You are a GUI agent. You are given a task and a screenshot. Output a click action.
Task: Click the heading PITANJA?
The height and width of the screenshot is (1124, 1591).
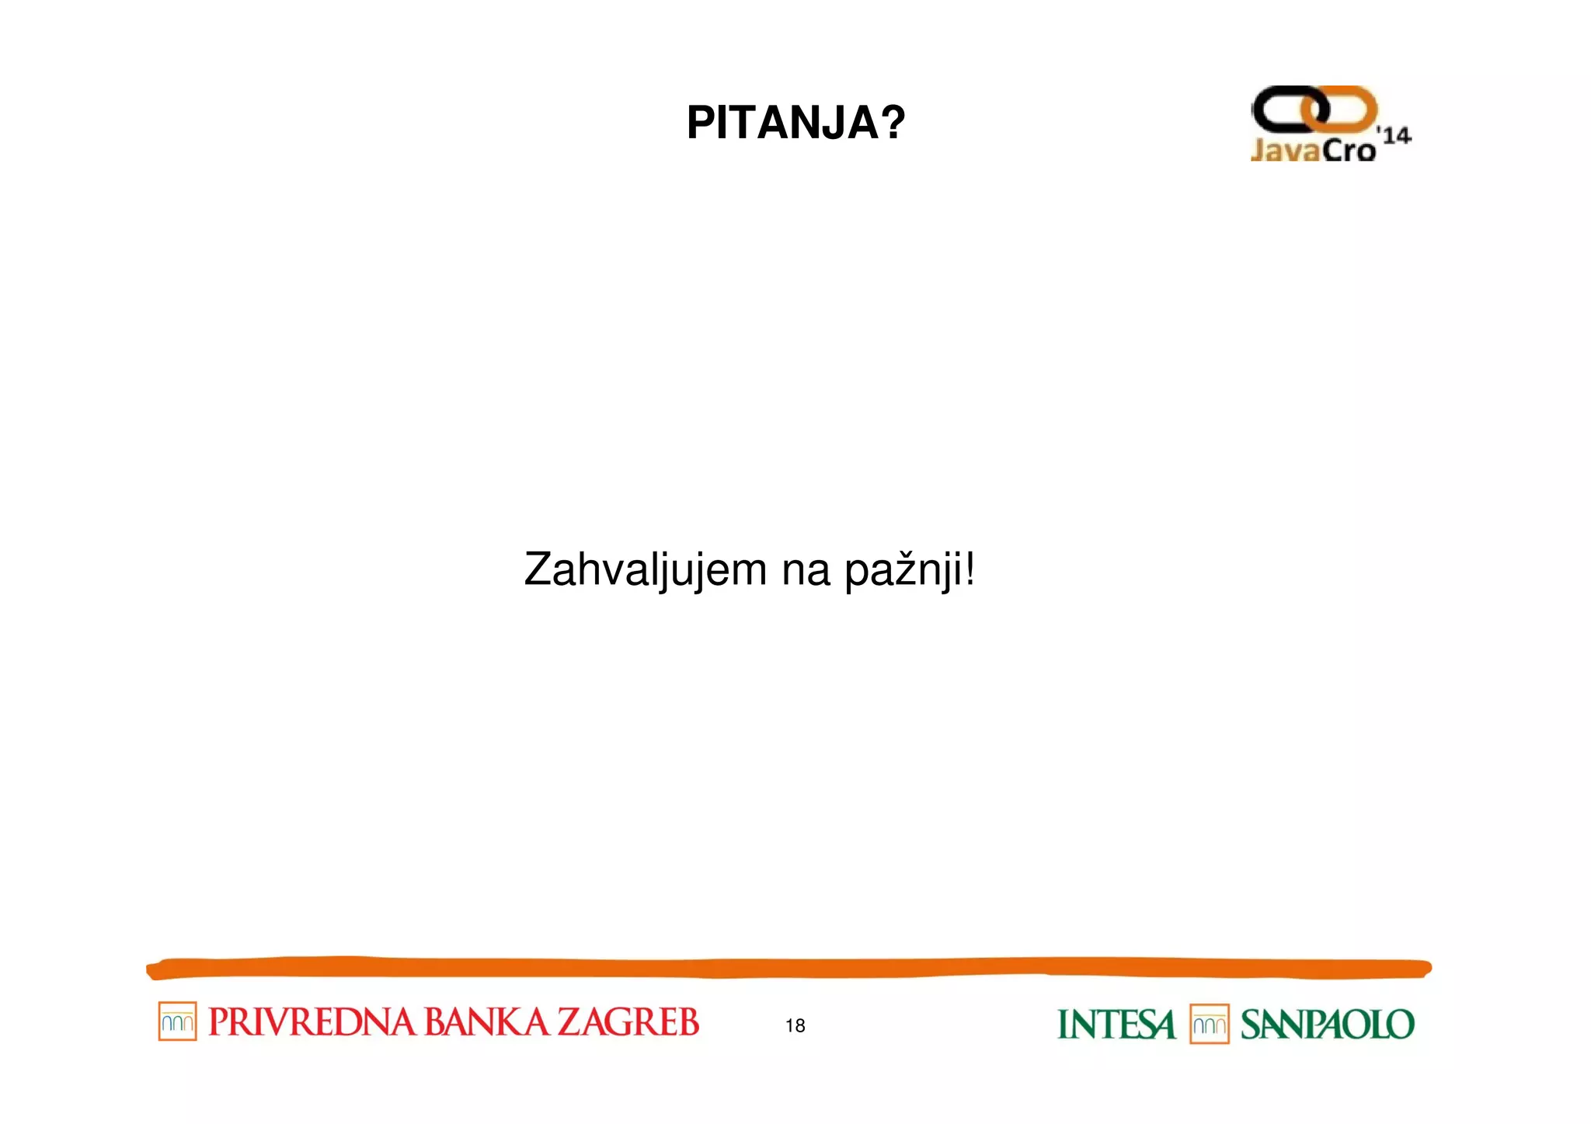pos(795,123)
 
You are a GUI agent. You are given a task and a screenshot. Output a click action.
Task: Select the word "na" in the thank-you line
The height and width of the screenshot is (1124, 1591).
pos(806,572)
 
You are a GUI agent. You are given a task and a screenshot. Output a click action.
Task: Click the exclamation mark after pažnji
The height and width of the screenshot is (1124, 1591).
pos(969,569)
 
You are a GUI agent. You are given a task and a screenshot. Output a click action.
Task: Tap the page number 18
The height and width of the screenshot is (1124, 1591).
pos(795,1025)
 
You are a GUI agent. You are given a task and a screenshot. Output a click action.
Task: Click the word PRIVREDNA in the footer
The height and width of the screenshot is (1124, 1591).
pos(312,1022)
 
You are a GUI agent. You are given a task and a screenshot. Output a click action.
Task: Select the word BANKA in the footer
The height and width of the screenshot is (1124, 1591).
pos(486,1022)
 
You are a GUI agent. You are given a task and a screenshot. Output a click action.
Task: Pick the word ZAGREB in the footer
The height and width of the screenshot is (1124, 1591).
pos(628,1022)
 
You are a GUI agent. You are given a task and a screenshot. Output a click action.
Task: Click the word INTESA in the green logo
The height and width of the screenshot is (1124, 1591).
pos(1116,1025)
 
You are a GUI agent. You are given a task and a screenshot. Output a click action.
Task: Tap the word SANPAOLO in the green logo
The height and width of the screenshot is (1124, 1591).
pos(1327,1025)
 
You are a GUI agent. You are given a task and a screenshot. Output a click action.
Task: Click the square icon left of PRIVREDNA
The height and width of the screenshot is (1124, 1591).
pos(177,1021)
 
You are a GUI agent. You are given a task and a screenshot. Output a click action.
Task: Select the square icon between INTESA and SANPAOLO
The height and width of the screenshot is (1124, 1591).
pos(1209,1025)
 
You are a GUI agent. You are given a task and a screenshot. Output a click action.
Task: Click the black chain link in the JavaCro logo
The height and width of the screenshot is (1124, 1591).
pos(1282,109)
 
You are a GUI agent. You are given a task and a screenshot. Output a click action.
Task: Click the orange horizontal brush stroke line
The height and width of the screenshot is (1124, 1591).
pos(789,968)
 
